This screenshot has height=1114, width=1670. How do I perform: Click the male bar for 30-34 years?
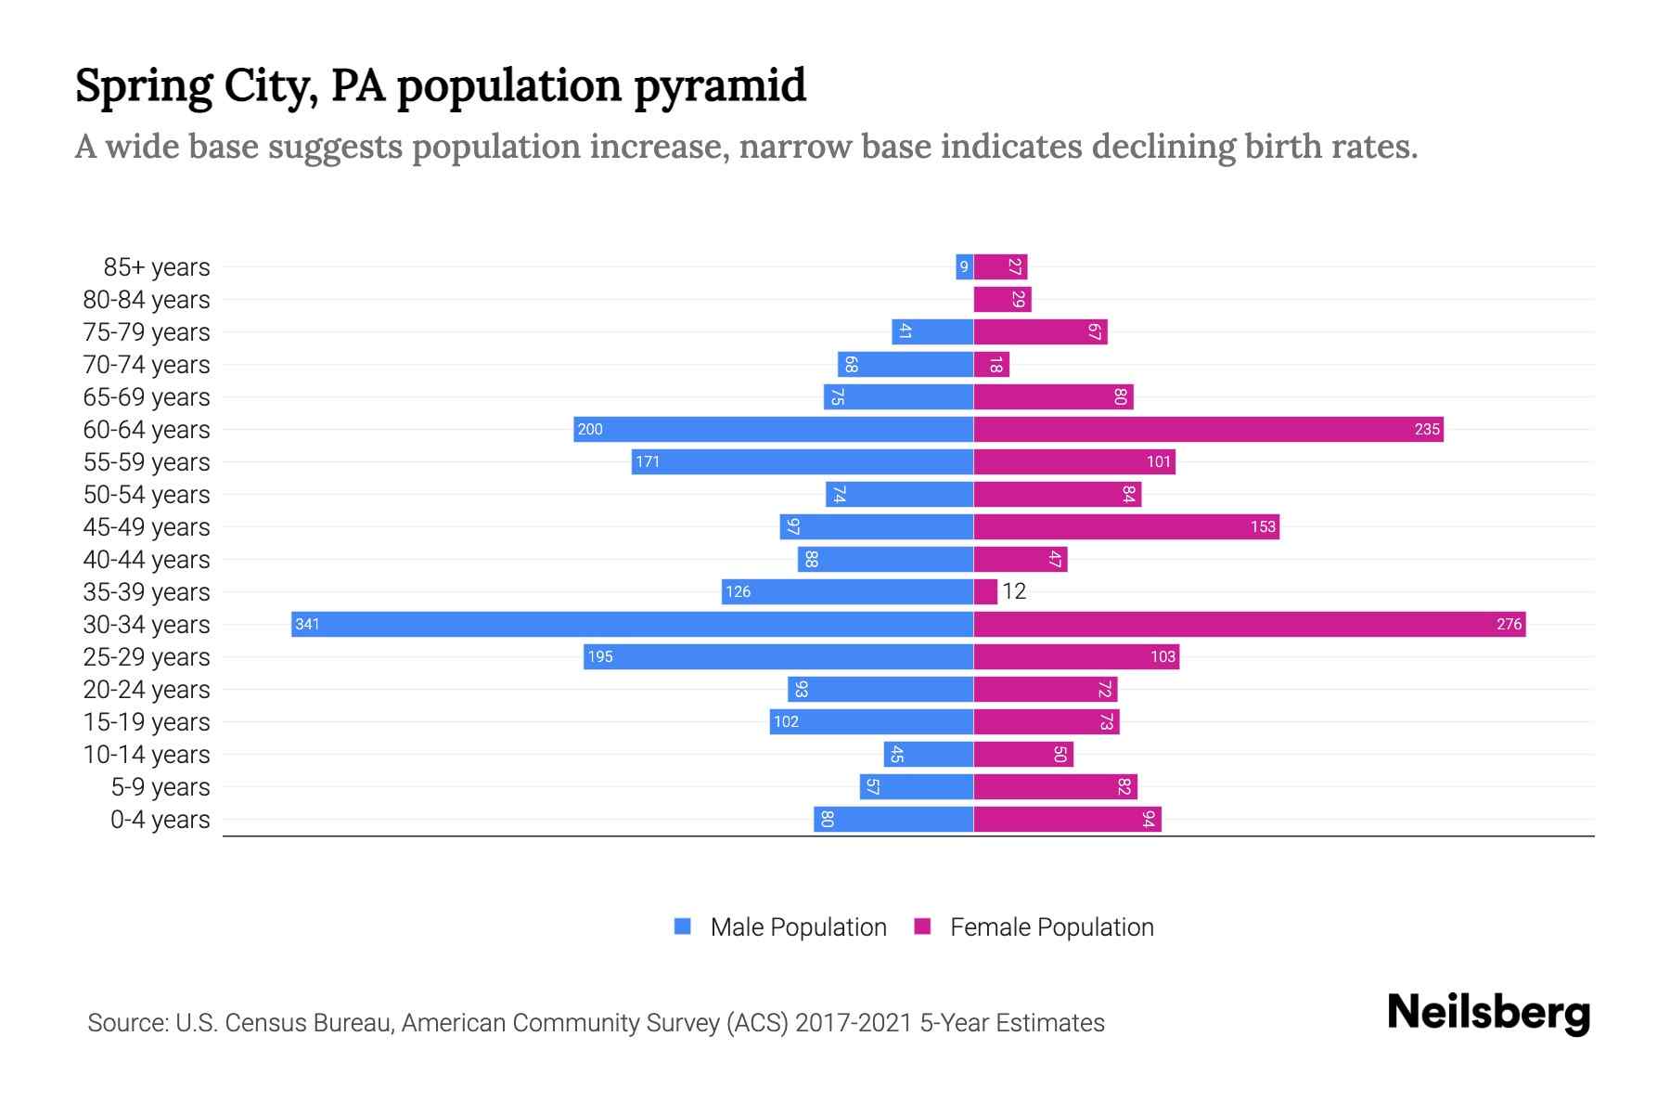631,624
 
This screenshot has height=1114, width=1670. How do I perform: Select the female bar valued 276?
1249,624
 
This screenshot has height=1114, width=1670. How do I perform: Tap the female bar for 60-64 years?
1208,429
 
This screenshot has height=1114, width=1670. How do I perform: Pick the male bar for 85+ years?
964,267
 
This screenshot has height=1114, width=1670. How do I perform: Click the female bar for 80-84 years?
1002,300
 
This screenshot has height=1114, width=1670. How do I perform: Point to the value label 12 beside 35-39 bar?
1014,591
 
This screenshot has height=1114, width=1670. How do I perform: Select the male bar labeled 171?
803,461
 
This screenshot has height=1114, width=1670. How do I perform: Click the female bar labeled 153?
1126,526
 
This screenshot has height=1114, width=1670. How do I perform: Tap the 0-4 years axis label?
160,820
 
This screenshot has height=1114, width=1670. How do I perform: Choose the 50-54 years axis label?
147,495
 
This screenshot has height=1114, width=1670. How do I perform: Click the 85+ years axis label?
157,267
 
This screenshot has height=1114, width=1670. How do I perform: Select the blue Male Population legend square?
683,926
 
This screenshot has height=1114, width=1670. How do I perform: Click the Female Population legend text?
1051,927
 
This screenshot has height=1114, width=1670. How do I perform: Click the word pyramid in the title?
720,85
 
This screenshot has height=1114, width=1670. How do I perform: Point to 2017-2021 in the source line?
854,1023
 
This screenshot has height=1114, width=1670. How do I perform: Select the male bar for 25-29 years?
777,656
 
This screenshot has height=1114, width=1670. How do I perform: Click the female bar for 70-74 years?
991,365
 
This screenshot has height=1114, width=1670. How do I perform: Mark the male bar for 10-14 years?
928,754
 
